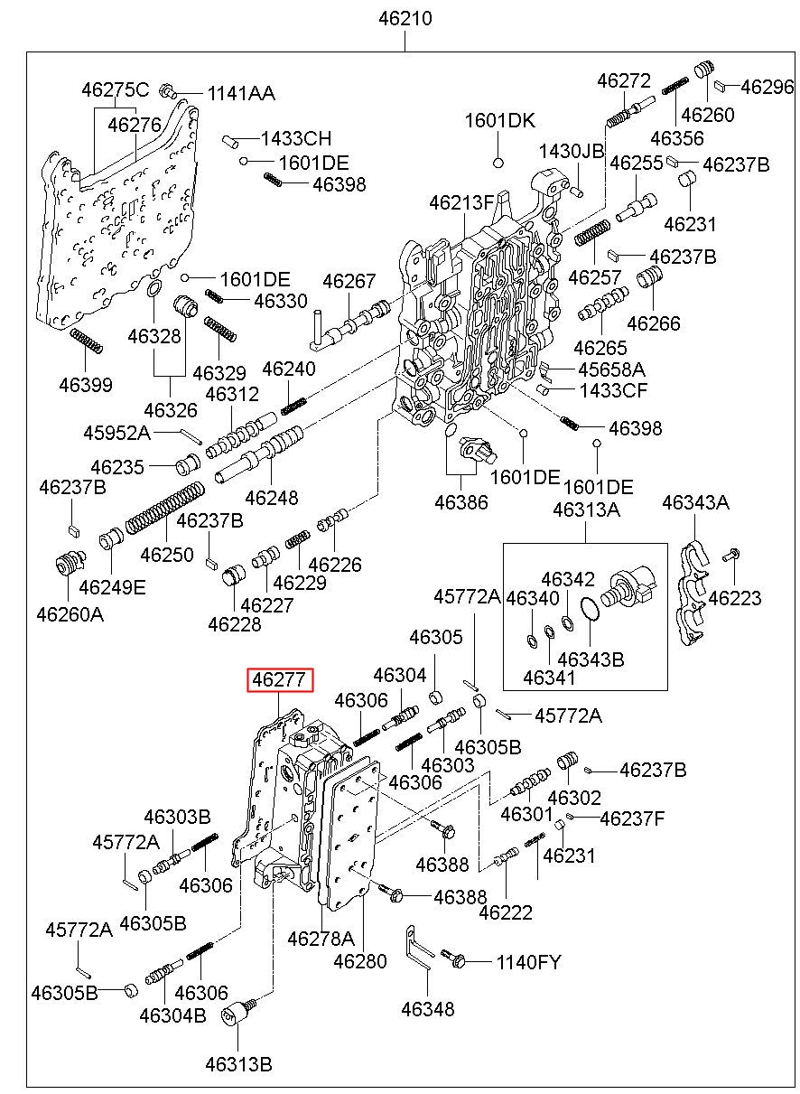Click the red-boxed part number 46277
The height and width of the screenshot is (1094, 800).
[281, 679]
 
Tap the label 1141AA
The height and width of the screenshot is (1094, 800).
[241, 93]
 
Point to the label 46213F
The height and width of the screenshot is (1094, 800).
[462, 202]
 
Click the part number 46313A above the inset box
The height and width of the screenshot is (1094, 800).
[586, 510]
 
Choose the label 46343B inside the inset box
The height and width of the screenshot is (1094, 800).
[591, 659]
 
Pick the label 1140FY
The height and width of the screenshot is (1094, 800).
[528, 962]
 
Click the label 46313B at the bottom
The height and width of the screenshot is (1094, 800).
[238, 1063]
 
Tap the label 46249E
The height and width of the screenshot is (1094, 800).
[112, 587]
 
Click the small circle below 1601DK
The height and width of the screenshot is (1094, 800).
[498, 163]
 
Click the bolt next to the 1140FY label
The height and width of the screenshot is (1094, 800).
[455, 960]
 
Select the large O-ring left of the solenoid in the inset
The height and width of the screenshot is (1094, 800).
[590, 612]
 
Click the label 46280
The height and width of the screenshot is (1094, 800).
[360, 961]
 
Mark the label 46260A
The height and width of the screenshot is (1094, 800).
[70, 614]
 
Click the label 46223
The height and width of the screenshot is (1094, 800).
[734, 597]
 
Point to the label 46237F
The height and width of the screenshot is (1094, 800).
[632, 818]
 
